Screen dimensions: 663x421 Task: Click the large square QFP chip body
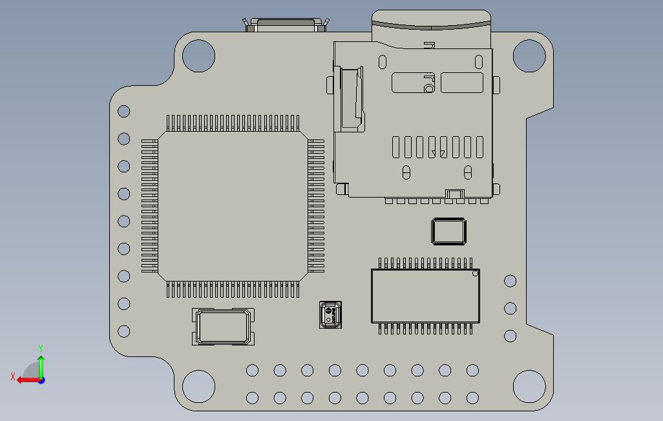point(233,206)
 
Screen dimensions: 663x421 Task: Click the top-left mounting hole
point(198,56)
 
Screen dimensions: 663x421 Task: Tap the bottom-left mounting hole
point(198,386)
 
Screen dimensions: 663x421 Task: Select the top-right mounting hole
point(529,56)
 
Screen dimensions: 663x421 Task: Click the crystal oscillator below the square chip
point(223,327)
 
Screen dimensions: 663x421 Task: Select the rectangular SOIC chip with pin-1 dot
point(425,296)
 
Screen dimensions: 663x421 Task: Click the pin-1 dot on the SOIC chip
point(475,274)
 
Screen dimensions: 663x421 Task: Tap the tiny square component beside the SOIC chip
point(330,314)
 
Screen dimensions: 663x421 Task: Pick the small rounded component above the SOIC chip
point(448,232)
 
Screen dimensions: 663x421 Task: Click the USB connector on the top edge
point(286,25)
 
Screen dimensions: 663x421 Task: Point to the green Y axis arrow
point(41,365)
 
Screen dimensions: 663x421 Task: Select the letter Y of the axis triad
point(41,349)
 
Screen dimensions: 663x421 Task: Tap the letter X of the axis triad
point(12,376)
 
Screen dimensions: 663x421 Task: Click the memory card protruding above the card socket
point(431,25)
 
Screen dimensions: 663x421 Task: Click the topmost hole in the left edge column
point(123,111)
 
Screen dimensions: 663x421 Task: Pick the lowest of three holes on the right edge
point(510,336)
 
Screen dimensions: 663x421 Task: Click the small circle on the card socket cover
point(428,88)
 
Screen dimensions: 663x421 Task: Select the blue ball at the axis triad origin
point(41,380)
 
